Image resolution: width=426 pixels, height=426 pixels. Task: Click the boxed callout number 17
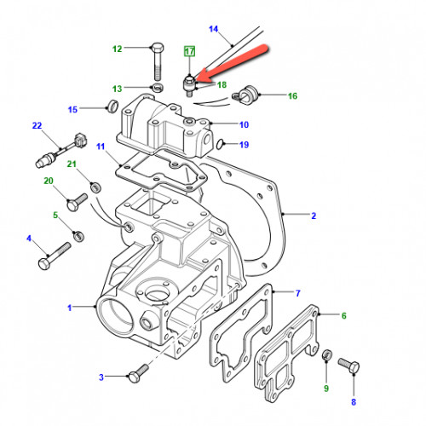(189, 51)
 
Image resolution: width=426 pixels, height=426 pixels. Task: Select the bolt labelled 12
(158, 61)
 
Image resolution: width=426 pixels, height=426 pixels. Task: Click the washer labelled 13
(158, 88)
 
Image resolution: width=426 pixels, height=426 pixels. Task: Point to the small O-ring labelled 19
(219, 144)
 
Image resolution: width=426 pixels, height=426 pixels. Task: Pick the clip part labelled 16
(245, 95)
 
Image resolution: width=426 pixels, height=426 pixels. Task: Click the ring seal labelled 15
(112, 106)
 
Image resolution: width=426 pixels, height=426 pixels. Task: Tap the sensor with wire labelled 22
(61, 150)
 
